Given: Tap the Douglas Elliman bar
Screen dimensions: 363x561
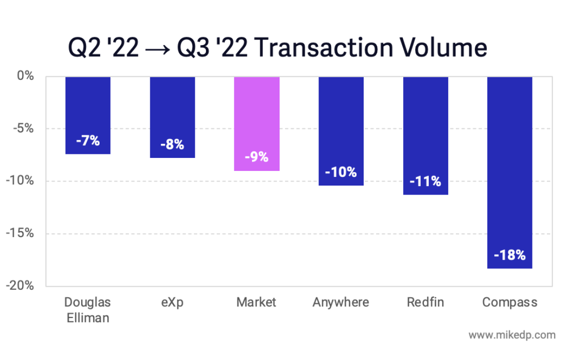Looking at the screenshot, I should pyautogui.click(x=88, y=115).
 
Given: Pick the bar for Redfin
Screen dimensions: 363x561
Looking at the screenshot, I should pyautogui.click(x=425, y=135).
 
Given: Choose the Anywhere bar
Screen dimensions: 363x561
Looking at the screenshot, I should pyautogui.click(x=341, y=131).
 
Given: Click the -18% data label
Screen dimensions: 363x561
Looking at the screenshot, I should pyautogui.click(x=509, y=255).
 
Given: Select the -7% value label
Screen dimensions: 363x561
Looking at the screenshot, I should pyautogui.click(x=88, y=141).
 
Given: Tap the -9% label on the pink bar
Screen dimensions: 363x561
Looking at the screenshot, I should pyautogui.click(x=256, y=157).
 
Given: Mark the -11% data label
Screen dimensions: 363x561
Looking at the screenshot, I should pyautogui.click(x=425, y=181).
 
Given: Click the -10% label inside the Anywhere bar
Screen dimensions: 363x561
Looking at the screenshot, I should pyautogui.click(x=341, y=172).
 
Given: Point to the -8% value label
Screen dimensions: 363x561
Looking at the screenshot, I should pyautogui.click(x=172, y=145).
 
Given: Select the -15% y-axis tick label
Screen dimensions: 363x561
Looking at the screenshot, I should pyautogui.click(x=21, y=234).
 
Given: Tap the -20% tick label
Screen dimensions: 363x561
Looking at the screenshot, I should pyautogui.click(x=21, y=286).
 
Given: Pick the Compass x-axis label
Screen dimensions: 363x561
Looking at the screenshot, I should pyautogui.click(x=509, y=302).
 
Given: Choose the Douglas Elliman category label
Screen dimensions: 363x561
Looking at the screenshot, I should pyautogui.click(x=88, y=310).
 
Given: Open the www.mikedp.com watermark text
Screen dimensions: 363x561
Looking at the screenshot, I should pyautogui.click(x=511, y=335).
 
